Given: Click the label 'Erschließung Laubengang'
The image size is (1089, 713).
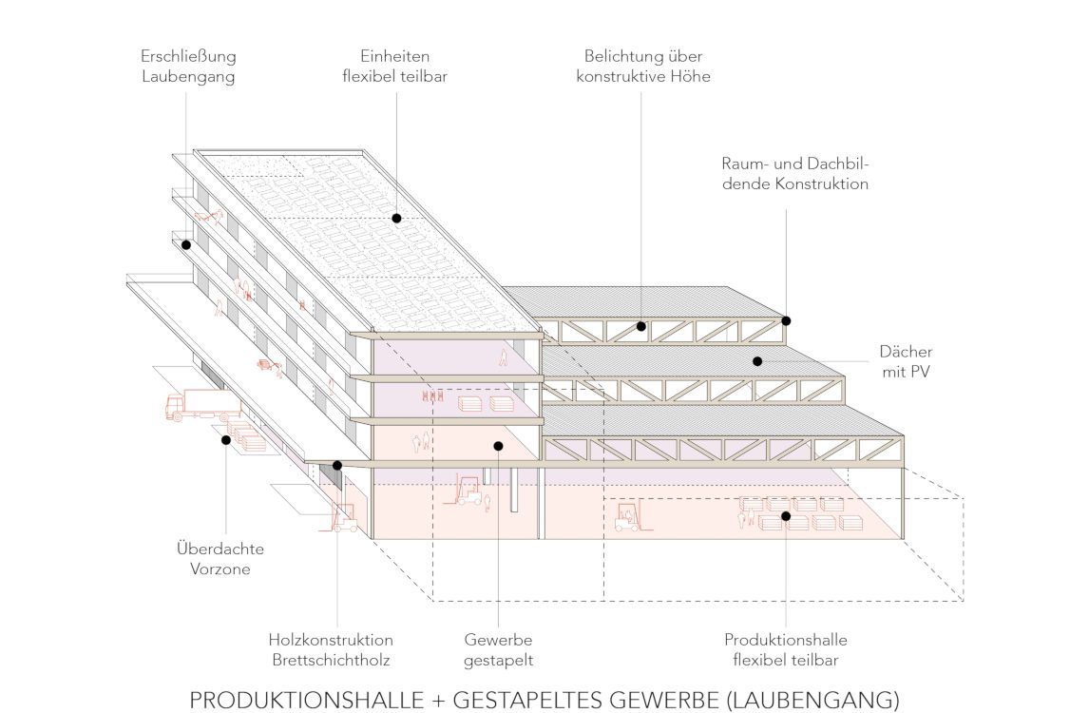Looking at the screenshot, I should pos(187,67).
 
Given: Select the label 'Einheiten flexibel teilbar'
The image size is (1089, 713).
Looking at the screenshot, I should pos(394,67).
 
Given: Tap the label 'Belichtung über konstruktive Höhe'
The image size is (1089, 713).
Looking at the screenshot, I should pos(642,67).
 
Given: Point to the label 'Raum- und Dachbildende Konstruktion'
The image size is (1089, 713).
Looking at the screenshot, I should pos(794,173).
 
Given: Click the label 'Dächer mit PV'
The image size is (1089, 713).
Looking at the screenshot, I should pos(905,362).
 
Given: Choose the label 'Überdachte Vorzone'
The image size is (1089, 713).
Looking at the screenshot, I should pos(220,559).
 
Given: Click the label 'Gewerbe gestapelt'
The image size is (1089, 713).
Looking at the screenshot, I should pos(499,649).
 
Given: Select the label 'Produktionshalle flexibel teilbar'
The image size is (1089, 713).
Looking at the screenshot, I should pos(785,649).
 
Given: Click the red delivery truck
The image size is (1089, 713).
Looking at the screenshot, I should pos(202,405).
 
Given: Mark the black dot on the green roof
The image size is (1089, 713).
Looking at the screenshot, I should pos(396,219).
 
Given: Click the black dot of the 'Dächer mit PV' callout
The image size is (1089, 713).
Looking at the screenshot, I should pos(757,360).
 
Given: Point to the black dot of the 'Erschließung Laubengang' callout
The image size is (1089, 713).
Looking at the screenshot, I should pos(187,244).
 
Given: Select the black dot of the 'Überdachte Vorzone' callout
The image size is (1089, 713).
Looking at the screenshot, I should pos(226,439).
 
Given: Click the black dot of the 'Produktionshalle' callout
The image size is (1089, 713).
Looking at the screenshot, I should pos(786,516).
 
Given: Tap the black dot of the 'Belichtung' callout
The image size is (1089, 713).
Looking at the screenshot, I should pos(641,326).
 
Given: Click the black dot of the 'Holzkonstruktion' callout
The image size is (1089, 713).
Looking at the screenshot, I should pos(337,465).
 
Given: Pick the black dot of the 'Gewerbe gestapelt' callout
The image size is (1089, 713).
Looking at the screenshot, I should pos(498,445).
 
